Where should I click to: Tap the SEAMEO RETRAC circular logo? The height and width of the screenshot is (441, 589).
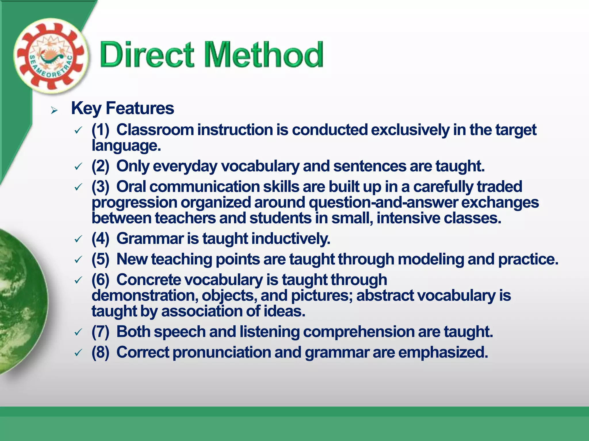point(51,56)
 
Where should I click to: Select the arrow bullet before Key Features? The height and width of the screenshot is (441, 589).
point(54,110)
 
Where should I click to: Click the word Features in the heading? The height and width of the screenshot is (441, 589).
point(140,109)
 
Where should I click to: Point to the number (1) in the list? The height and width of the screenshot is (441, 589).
point(100,130)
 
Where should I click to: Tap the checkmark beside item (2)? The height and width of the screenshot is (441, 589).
point(78,167)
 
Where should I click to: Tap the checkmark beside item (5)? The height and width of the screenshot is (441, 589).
point(78,260)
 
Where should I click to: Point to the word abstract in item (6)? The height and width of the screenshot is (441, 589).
point(385,295)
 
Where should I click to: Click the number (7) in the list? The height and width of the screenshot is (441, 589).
point(100,332)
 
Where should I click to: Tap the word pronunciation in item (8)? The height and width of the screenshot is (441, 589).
point(222,352)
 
